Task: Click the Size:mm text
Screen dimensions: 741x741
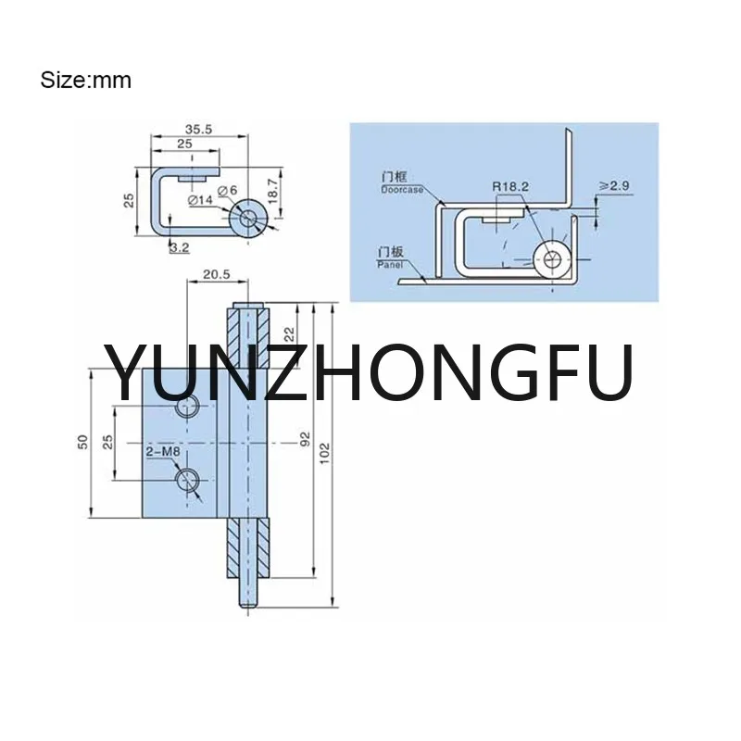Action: coord(85,81)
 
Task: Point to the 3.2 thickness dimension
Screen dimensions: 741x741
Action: coord(179,247)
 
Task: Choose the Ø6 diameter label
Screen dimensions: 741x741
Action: coord(227,193)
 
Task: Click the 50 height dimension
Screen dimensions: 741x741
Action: coord(82,442)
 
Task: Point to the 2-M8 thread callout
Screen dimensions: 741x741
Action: coord(162,452)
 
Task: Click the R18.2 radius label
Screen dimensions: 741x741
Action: coord(510,187)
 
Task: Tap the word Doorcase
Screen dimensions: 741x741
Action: coord(402,189)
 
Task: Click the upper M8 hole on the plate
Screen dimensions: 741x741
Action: coord(187,408)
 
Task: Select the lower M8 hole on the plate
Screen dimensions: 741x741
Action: coord(188,479)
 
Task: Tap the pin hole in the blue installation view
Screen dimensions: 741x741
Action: coord(554,260)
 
